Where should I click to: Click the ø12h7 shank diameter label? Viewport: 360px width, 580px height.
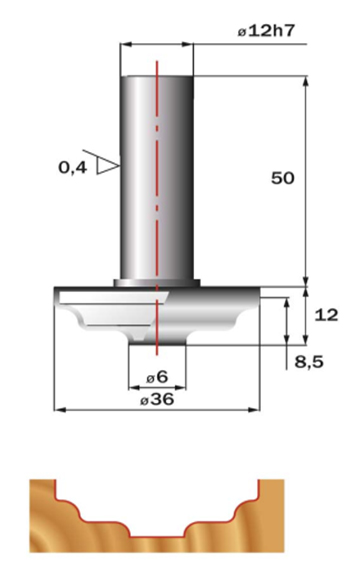[266, 31]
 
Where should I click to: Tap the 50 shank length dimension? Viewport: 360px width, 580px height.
[283, 178]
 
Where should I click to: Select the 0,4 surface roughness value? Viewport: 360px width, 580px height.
[73, 168]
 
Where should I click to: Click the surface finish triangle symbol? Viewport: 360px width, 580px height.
[107, 165]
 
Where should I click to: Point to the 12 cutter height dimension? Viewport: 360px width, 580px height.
[326, 315]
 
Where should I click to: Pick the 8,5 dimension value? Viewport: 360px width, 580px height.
[309, 361]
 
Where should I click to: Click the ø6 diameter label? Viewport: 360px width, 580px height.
[157, 377]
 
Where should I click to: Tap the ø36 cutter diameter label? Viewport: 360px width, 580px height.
[157, 399]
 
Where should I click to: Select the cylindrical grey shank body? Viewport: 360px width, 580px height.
[157, 178]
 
